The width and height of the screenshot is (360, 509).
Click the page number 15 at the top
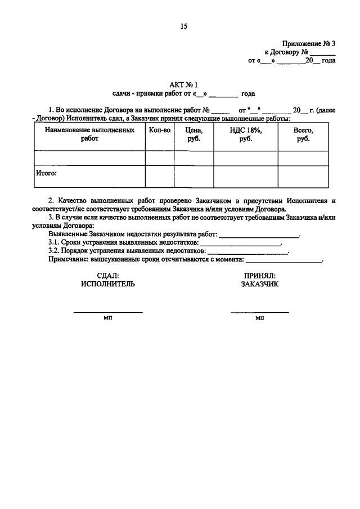[x=183, y=26]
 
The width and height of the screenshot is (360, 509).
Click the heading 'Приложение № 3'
[x=309, y=43]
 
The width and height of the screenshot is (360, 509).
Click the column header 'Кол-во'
[x=160, y=130]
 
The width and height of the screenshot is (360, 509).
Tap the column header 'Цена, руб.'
[x=193, y=134]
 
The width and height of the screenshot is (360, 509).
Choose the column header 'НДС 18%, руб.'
[x=245, y=134]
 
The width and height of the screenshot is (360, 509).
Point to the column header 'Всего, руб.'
[x=303, y=134]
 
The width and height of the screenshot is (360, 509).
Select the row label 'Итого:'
[x=47, y=174]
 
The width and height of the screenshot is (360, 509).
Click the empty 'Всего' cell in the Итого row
[x=303, y=176]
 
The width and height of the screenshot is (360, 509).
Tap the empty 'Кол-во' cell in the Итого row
[x=160, y=176]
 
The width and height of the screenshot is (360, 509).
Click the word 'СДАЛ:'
[x=107, y=276]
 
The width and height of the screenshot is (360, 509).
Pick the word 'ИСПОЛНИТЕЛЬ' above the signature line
[x=107, y=284]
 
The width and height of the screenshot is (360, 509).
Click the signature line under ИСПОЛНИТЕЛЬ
[x=107, y=312]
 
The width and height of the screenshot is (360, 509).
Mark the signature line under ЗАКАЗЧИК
[x=259, y=312]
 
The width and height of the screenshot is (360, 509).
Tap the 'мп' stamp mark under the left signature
[x=107, y=318]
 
